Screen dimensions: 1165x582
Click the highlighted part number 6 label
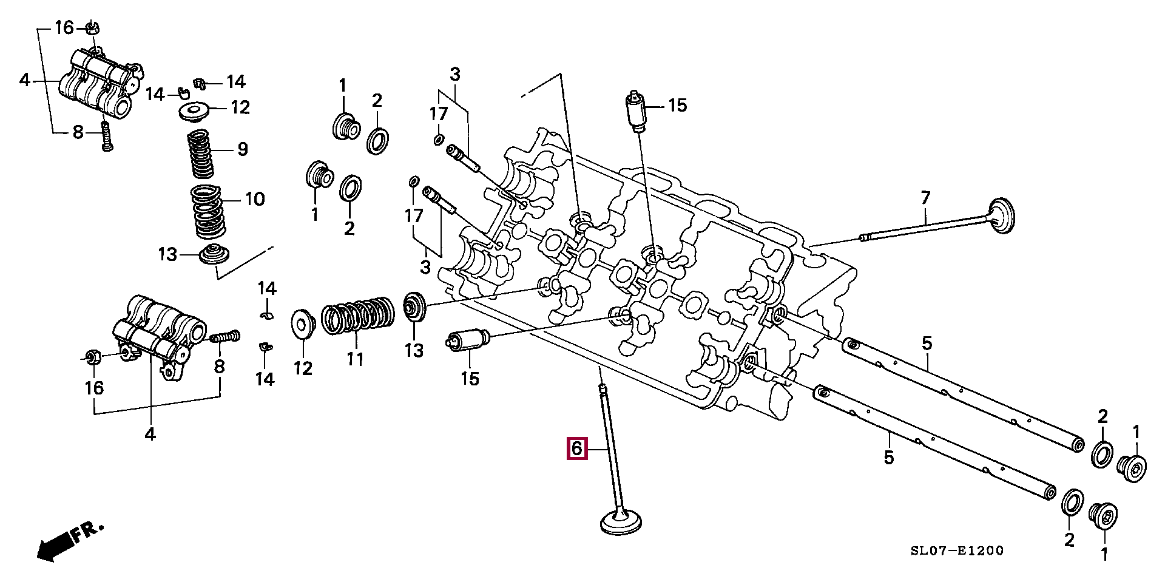576,448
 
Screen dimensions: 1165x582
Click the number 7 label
925,197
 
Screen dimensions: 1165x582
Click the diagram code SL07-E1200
957,551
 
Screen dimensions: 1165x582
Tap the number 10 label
254,198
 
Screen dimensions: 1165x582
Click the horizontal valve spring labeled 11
357,315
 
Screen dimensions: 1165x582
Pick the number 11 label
354,359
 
